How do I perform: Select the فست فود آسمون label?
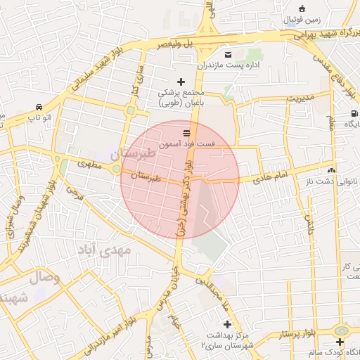(x=186, y=143)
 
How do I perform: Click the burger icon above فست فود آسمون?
(x=186, y=132)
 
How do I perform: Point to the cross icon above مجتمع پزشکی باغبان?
(x=181, y=82)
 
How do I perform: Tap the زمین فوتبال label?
(x=303, y=20)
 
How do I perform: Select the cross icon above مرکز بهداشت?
(x=227, y=324)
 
